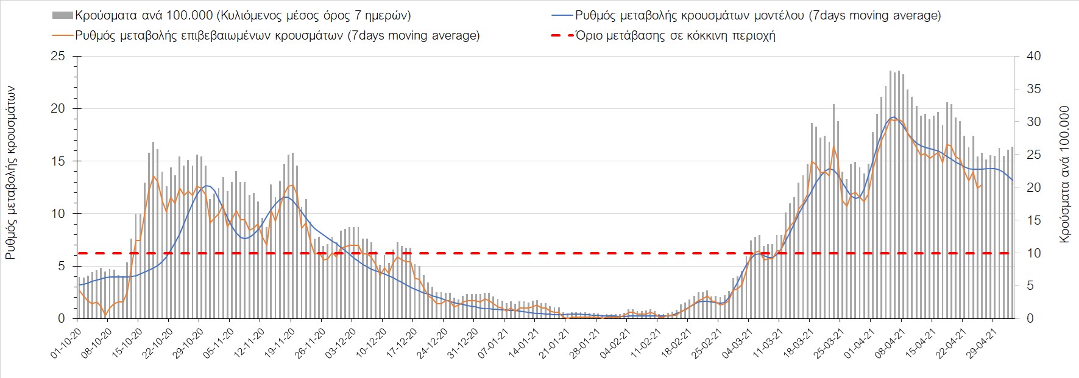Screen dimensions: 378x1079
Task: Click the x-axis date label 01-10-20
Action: coord(65,344)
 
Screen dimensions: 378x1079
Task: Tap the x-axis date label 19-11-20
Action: coord(278,344)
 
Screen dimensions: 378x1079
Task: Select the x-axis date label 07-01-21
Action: coord(492,344)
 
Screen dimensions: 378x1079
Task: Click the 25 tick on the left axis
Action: coord(58,57)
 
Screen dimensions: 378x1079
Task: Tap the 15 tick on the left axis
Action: coord(58,161)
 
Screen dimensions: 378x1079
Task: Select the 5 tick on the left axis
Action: coord(61,266)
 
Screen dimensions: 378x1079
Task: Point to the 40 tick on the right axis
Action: coord(1034,57)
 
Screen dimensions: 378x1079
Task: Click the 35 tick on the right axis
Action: coord(1034,89)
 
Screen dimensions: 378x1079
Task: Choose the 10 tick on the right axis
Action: coord(1034,253)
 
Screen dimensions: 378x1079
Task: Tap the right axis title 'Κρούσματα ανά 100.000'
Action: coord(1064,175)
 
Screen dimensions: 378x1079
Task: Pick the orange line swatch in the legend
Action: coord(63,35)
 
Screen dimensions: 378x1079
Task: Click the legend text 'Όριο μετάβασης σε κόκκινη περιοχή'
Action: coord(675,35)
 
